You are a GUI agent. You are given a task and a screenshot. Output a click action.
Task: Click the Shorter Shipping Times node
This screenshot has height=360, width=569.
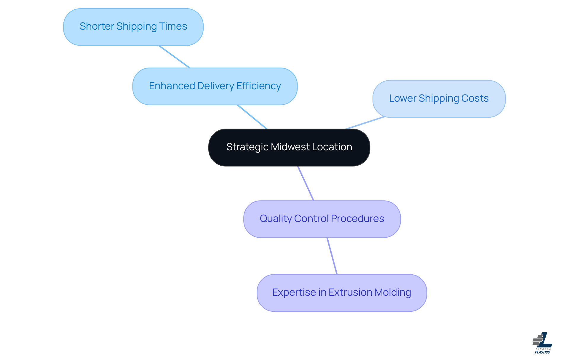[x=133, y=27]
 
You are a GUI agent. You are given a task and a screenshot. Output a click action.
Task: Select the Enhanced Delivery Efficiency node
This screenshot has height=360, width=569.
[x=215, y=86]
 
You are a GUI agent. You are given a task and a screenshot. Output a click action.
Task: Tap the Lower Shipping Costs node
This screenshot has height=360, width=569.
[x=439, y=99]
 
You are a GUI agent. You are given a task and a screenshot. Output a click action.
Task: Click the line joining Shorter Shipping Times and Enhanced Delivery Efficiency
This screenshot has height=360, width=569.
[x=174, y=57]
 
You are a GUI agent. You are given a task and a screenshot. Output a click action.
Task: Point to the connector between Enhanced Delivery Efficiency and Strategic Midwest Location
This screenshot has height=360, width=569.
[x=252, y=117]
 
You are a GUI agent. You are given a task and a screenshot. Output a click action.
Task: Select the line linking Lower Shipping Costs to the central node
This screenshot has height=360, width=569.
[x=365, y=123]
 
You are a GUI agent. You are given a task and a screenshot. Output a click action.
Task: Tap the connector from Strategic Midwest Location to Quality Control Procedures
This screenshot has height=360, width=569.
[x=306, y=183]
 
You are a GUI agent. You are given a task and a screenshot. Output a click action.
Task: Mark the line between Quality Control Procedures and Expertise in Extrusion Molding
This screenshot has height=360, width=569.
[x=332, y=256]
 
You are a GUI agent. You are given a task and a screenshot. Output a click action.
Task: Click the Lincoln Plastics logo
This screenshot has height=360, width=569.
[x=542, y=343]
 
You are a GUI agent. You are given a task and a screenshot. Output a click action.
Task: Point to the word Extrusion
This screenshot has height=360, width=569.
[x=350, y=292]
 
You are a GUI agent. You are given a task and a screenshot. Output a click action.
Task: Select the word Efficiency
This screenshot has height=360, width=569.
[x=258, y=86]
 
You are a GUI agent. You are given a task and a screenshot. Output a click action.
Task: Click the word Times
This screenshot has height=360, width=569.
[x=173, y=26]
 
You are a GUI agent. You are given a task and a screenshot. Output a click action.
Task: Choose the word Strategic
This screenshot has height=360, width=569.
[x=247, y=147]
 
